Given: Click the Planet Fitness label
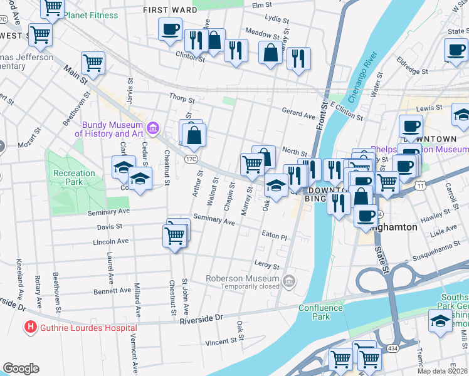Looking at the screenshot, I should [90, 15].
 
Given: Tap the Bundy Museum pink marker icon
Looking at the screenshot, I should [152, 129].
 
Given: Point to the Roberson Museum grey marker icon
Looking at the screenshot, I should [288, 281].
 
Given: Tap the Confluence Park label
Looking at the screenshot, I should [320, 312].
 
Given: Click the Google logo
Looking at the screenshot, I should [21, 368].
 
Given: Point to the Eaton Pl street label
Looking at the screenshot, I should [274, 237].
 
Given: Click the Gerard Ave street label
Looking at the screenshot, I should [298, 115].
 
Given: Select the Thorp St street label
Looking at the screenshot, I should [182, 98].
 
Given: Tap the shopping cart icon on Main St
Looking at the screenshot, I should [93, 63].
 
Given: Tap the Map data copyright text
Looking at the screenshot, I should [442, 371].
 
